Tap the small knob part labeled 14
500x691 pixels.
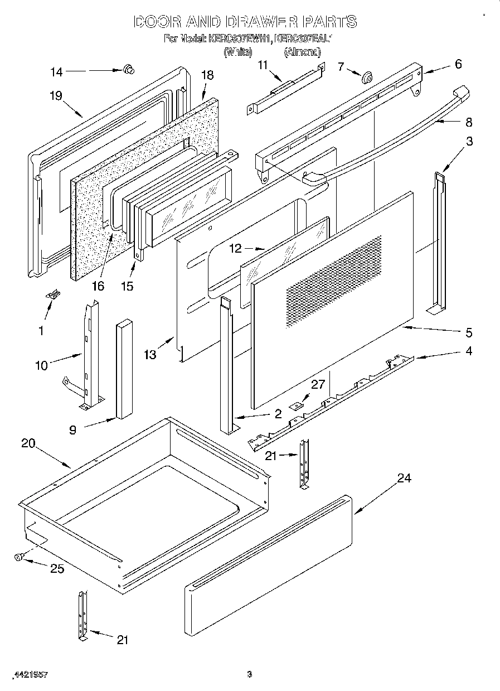(x=129, y=69)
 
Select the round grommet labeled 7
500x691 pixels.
(x=367, y=78)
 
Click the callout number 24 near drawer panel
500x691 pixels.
(x=404, y=478)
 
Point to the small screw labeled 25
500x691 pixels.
(x=20, y=556)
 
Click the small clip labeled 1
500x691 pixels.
(x=55, y=294)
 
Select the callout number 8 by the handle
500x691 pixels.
(x=469, y=122)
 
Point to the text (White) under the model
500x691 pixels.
(x=238, y=52)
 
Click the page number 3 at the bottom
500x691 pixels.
(x=250, y=674)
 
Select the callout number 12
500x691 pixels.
(x=236, y=248)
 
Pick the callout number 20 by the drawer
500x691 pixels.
(x=28, y=443)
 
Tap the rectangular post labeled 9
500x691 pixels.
(x=124, y=368)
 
